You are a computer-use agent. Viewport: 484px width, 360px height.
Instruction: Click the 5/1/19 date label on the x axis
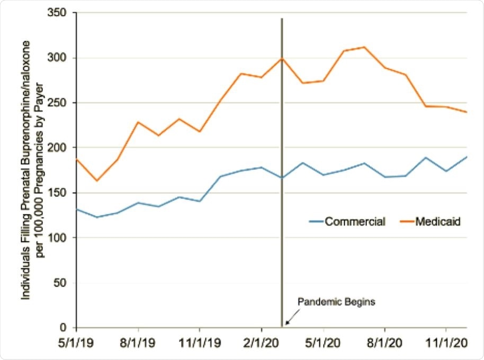[x=76, y=343]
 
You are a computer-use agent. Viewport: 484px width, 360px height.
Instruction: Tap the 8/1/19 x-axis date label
[x=138, y=343]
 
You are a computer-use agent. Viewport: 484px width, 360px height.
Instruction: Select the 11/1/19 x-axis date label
[x=199, y=343]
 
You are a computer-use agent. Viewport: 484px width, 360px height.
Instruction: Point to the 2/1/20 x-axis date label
[x=261, y=343]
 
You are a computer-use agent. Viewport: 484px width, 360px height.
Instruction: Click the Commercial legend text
[x=355, y=222]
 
